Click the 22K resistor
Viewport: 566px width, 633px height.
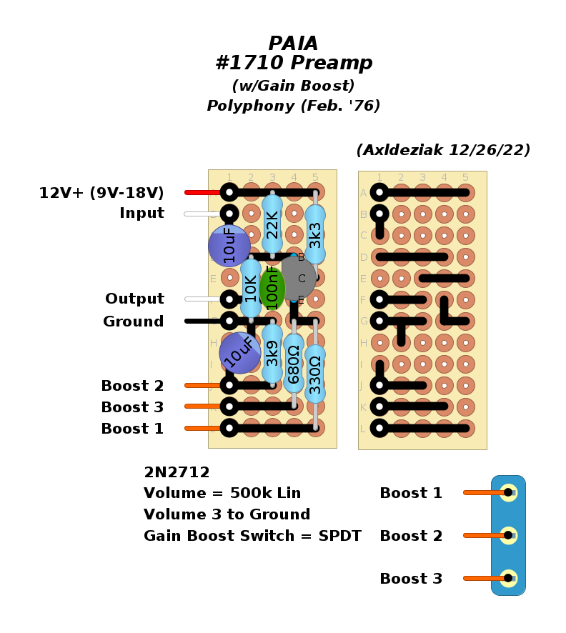pyautogui.click(x=272, y=224)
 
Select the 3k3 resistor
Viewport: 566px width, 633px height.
pyautogui.click(x=315, y=234)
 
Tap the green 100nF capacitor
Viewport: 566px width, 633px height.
pyautogui.click(x=272, y=287)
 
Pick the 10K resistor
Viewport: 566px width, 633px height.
pyautogui.click(x=251, y=288)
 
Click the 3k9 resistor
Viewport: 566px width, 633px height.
pyautogui.click(x=272, y=353)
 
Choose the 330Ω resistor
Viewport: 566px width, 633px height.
pyautogui.click(x=315, y=374)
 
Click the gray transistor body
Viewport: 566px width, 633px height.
pyautogui.click(x=299, y=277)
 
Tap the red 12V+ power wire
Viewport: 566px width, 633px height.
pyautogui.click(x=202, y=192)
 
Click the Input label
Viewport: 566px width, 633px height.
pyautogui.click(x=141, y=214)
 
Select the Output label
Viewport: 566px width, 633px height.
pyautogui.click(x=134, y=299)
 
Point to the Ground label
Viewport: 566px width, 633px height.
pyautogui.click(x=133, y=322)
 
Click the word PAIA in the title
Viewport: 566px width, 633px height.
pyautogui.click(x=294, y=44)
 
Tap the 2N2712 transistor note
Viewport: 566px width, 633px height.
pyautogui.click(x=177, y=473)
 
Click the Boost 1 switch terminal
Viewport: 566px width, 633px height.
pyautogui.click(x=508, y=492)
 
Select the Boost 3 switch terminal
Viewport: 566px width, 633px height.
pyautogui.click(x=508, y=578)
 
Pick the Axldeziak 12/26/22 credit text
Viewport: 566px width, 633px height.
pyautogui.click(x=443, y=151)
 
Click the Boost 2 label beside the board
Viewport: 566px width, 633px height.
pyautogui.click(x=132, y=387)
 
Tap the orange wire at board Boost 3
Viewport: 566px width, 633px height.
pyautogui.click(x=202, y=407)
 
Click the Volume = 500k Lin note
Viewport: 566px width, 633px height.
pyautogui.click(x=222, y=494)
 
